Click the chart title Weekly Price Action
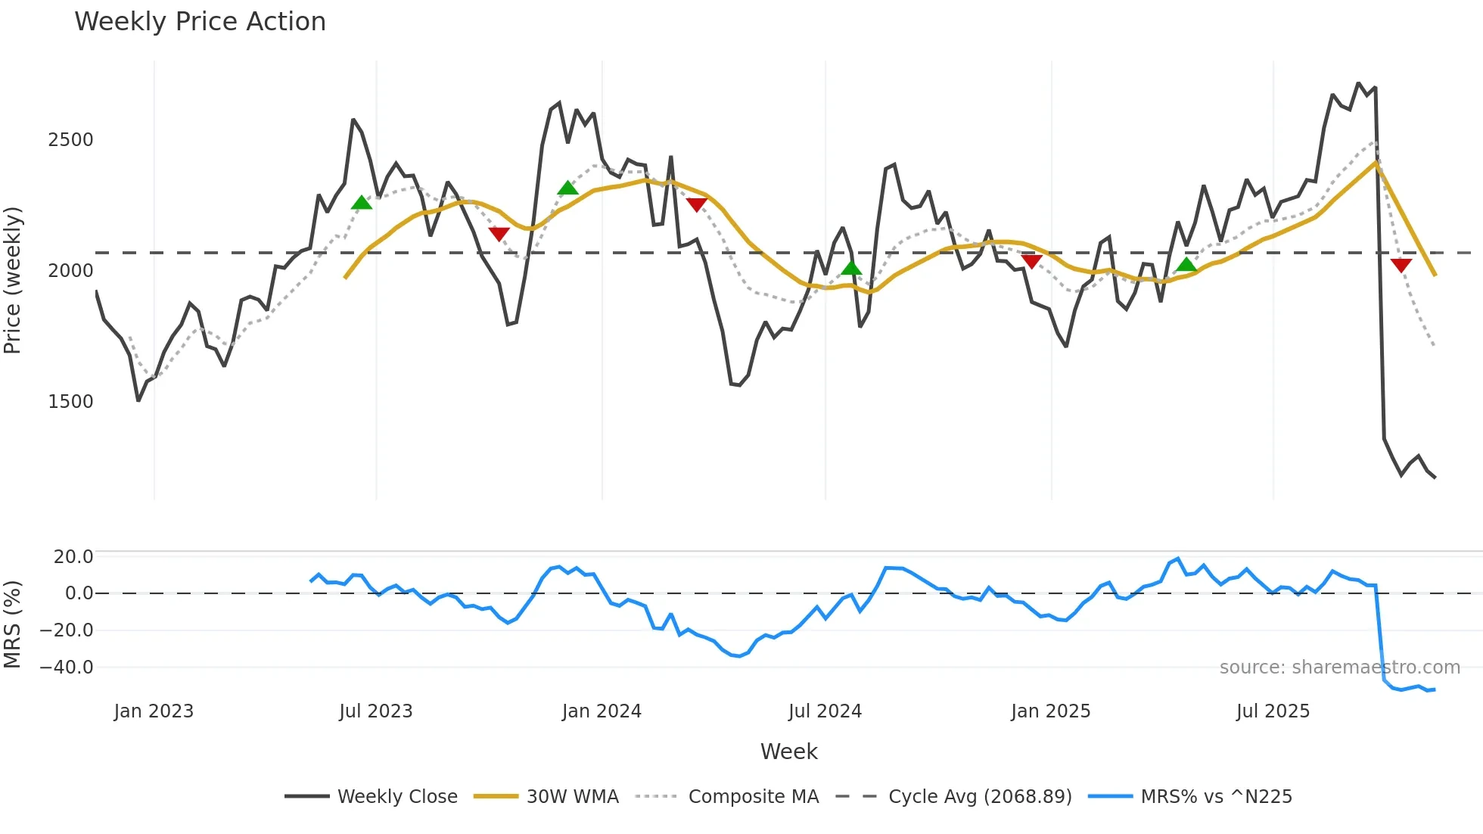200,22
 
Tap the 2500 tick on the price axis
70,140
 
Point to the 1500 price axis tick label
70,402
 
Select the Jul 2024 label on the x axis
825,711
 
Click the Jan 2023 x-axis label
154,711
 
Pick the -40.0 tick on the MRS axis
67,668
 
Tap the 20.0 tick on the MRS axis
73,557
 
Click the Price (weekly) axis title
13,280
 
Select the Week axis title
788,752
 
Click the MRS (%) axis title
13,624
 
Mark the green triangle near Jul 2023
362,203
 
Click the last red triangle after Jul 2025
1401,265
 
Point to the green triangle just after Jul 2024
851,268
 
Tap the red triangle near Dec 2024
1031,261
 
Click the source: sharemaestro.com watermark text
1339,668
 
